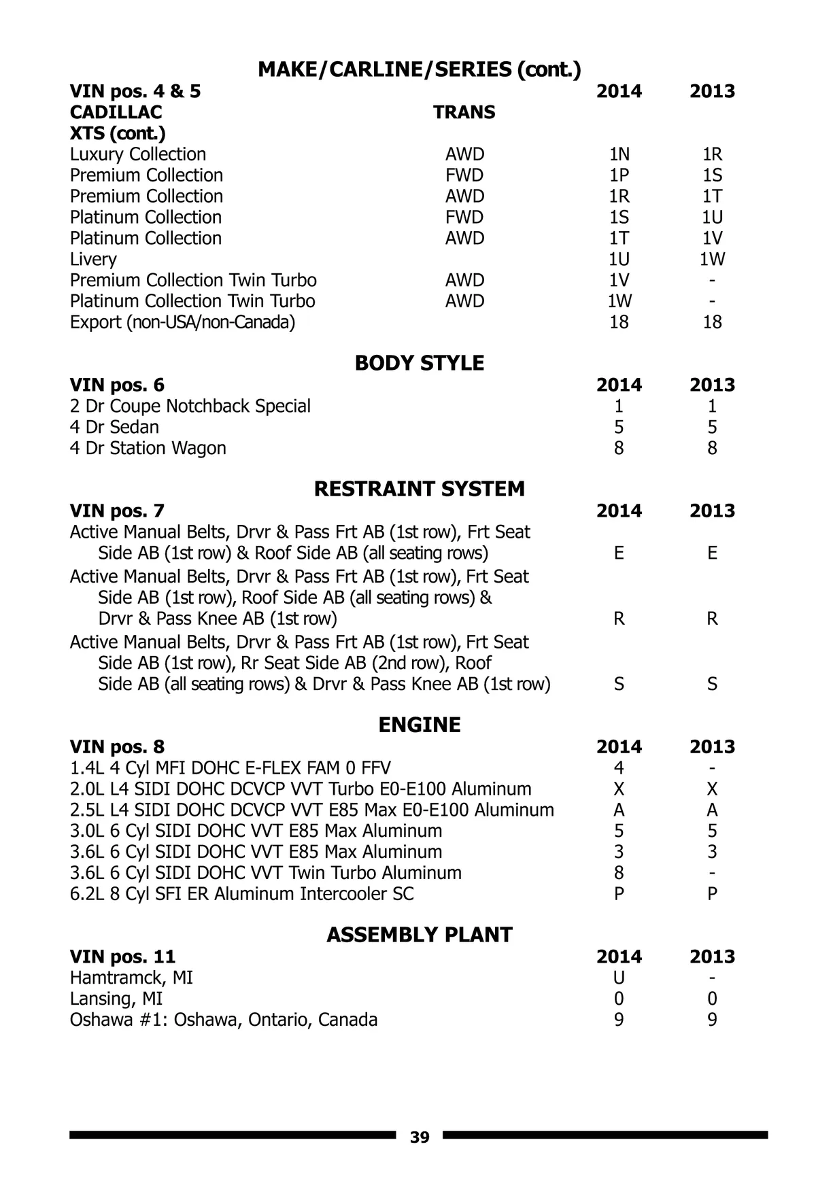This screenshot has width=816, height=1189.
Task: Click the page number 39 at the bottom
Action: tap(420, 1137)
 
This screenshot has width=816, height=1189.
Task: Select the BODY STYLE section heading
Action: tap(420, 363)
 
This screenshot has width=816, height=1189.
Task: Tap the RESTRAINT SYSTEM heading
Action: tap(420, 489)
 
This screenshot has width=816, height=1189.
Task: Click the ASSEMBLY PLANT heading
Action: tap(420, 935)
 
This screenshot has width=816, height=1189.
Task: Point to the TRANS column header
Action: tap(464, 112)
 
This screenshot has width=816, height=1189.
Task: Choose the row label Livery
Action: tap(93, 259)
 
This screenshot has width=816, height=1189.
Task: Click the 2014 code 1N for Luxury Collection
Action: tap(619, 154)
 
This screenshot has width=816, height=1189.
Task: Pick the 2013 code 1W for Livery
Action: tap(712, 259)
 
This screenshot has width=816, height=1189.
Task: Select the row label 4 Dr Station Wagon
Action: tap(148, 448)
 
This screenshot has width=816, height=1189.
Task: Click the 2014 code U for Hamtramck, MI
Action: tap(619, 978)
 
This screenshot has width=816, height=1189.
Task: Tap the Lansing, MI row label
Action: tap(116, 999)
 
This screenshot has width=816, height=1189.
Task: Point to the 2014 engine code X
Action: tap(619, 789)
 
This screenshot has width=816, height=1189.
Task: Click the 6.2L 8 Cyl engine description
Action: tap(241, 894)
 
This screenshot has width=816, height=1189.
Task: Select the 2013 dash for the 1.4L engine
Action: tap(712, 768)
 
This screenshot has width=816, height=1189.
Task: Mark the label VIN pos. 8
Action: tap(117, 747)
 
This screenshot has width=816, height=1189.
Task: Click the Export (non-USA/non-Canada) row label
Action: tap(182, 322)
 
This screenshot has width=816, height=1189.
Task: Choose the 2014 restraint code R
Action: tap(619, 619)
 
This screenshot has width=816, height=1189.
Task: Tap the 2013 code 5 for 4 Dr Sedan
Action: tap(712, 427)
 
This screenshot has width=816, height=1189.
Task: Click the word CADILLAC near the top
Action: tap(116, 112)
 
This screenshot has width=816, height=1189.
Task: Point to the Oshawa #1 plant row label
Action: tap(223, 1020)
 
